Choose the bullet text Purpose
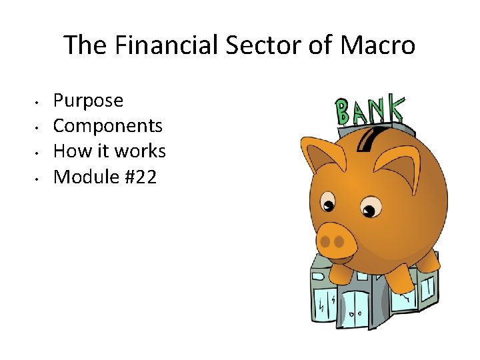[x=88, y=101]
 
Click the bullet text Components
[x=107, y=126]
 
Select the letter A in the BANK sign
[x=361, y=111]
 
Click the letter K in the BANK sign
[x=395, y=107]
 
